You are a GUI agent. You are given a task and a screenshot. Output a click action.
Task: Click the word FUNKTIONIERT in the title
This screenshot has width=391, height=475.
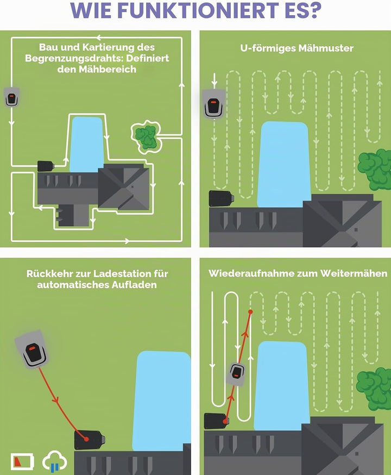[197, 10]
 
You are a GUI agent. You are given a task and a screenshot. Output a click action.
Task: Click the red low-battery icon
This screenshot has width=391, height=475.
[22, 461]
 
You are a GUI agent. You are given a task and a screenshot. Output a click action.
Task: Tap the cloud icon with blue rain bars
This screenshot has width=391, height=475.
[55, 460]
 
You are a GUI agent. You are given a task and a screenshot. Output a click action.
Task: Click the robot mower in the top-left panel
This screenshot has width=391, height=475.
[11, 97]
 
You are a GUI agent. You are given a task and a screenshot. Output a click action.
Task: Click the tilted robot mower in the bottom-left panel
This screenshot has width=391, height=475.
[32, 349]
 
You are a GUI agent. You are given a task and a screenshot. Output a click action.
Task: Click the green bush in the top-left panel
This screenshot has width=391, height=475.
[146, 136]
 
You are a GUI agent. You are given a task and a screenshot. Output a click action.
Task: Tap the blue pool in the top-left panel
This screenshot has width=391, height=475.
[87, 144]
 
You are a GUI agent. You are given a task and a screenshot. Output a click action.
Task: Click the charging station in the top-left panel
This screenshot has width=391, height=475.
[46, 166]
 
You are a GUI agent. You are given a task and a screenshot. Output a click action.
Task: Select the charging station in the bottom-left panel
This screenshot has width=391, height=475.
[89, 440]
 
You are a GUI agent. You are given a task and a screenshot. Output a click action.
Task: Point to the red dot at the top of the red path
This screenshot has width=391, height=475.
[250, 311]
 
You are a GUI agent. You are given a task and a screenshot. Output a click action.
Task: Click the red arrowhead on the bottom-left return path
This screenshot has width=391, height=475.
[56, 400]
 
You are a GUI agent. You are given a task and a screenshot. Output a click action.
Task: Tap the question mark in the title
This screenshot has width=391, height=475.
[312, 10]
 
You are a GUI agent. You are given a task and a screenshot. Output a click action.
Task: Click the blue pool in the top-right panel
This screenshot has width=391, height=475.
[283, 165]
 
